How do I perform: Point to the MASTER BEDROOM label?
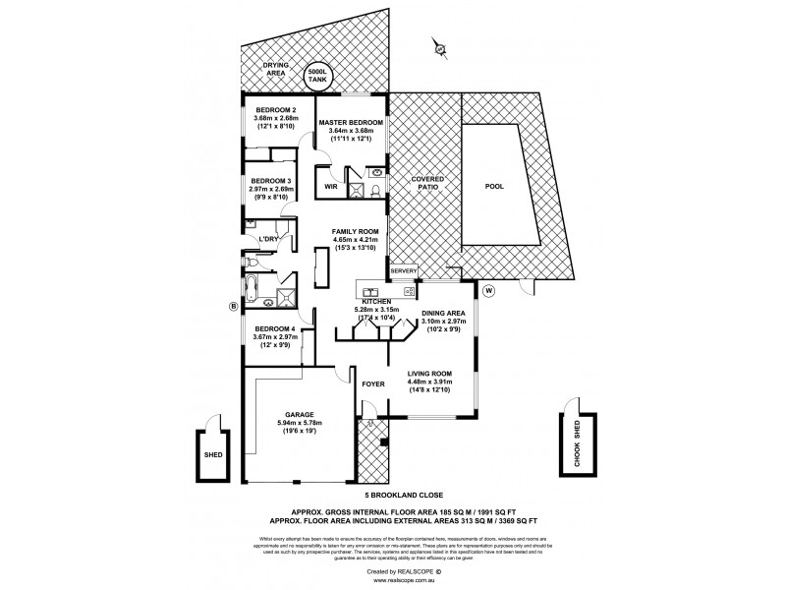351,122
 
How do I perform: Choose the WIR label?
330,184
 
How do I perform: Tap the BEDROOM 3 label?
269,181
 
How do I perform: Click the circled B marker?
233,307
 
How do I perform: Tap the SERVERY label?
404,271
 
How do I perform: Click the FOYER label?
372,384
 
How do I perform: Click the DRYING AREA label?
275,69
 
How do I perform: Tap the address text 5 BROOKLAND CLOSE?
406,498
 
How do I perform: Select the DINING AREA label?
443,313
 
